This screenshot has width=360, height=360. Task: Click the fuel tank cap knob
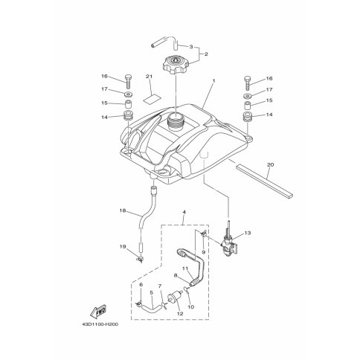pyautogui.click(x=176, y=64)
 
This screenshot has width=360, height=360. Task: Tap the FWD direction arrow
pyautogui.click(x=98, y=311)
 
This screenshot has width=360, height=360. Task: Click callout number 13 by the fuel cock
pyautogui.click(x=248, y=233)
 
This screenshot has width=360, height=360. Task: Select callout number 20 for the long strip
pyautogui.click(x=270, y=164)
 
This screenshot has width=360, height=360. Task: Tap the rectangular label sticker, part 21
pyautogui.click(x=152, y=99)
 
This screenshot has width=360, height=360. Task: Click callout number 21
pyautogui.click(x=149, y=77)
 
